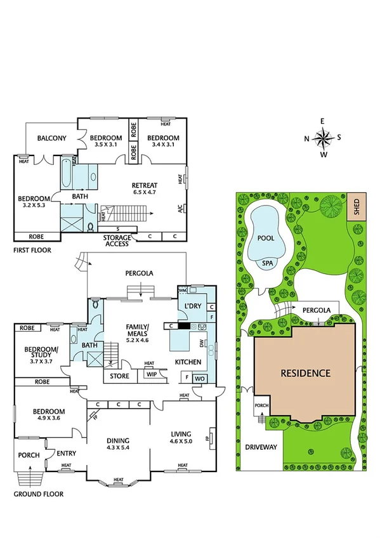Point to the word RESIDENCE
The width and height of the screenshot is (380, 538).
(x=306, y=373)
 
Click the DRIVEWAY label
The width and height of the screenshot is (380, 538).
(x=261, y=447)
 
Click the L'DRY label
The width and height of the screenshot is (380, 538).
(x=192, y=306)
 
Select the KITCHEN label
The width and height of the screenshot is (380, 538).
(x=188, y=362)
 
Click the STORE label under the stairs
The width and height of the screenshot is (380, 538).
(x=119, y=376)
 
